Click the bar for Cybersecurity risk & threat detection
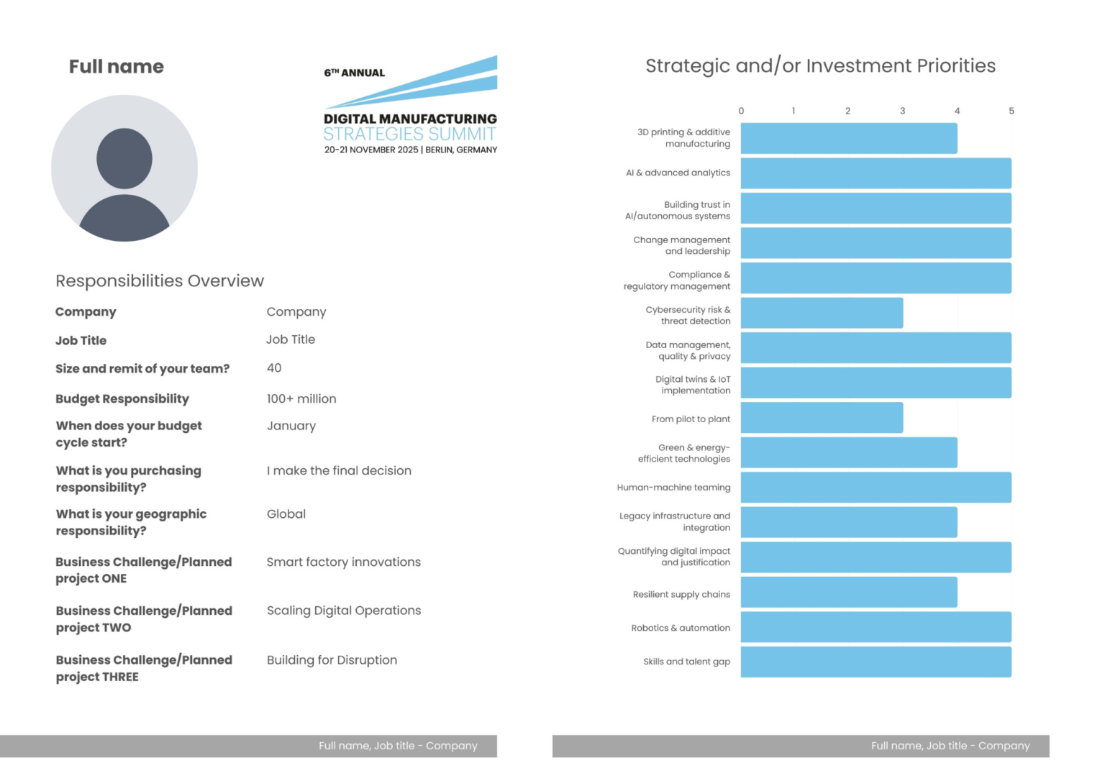822,313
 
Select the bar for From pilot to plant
822,418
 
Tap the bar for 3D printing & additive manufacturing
849,138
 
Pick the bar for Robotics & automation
876,627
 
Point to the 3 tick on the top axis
902,111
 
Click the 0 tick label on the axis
741,111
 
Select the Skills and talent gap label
686,662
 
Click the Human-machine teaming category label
673,488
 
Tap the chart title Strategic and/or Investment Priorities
820,66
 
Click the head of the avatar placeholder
124,158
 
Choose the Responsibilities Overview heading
160,281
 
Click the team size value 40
274,368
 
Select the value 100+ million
301,399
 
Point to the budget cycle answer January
291,426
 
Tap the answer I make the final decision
339,471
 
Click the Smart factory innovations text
344,562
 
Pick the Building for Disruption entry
332,660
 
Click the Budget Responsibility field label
122,399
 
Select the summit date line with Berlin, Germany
410,150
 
